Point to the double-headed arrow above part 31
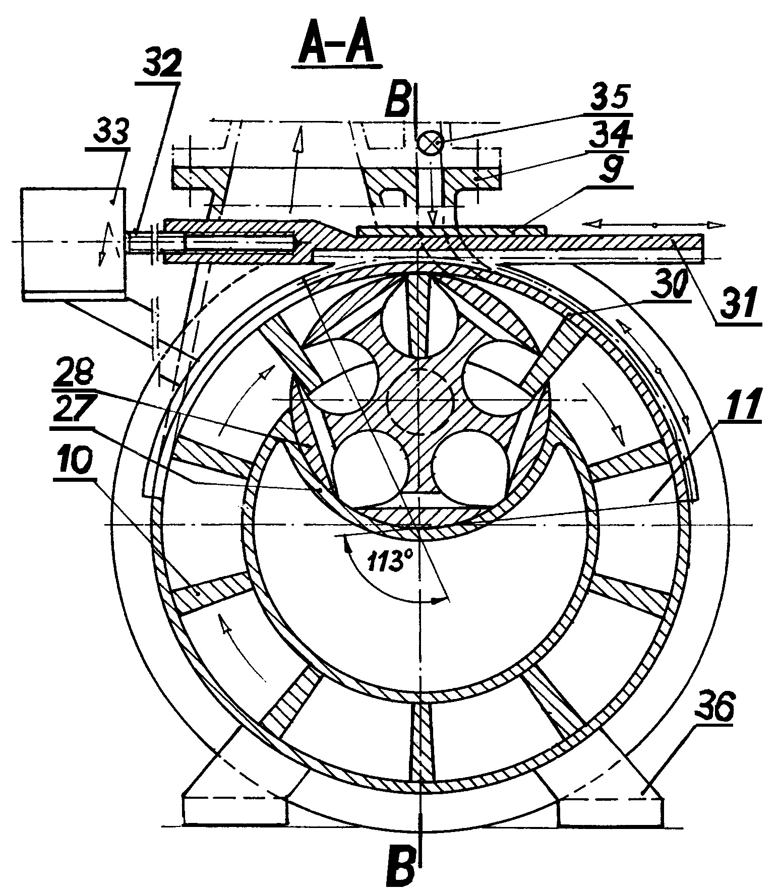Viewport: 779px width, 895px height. point(654,225)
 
